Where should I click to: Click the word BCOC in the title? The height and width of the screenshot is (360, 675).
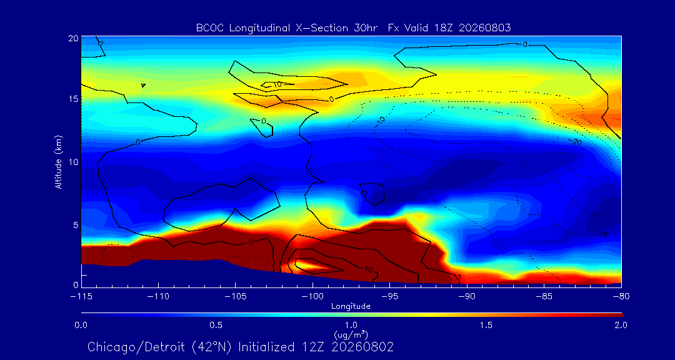pos(209,28)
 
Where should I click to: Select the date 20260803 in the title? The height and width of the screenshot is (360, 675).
pos(485,28)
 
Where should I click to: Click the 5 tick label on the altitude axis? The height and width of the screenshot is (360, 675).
pos(76,225)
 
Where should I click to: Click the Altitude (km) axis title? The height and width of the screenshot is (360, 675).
pos(59,161)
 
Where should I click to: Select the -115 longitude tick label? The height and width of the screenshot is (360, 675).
pos(81,296)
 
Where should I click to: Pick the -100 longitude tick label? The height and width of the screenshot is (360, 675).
pos(312,296)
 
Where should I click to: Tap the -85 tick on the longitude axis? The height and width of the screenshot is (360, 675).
pos(544,296)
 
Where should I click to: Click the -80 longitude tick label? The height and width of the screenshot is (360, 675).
pos(621,296)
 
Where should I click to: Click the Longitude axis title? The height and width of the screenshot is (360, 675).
pos(351,307)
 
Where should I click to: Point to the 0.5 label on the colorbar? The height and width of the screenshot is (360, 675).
pos(216,325)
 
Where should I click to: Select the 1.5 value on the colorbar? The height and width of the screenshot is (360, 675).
pos(486,325)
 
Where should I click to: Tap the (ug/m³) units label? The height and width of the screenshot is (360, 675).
pos(351,334)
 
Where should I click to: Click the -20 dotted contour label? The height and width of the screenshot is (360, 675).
pos(577,142)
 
